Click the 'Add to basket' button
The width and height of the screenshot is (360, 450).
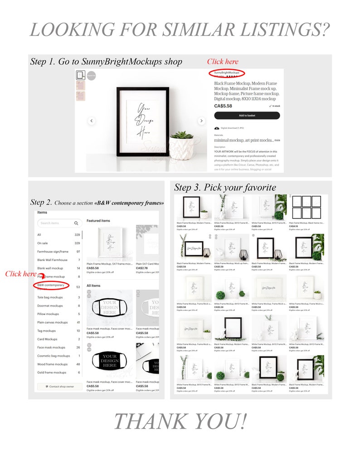click(x=247, y=116)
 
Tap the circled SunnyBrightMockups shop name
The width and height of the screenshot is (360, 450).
click(x=227, y=73)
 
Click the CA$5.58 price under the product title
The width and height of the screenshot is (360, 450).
click(x=223, y=106)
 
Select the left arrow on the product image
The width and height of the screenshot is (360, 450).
click(x=92, y=121)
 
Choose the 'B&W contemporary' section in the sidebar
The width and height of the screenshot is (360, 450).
click(x=51, y=285)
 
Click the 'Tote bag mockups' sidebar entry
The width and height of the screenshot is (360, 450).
click(x=50, y=297)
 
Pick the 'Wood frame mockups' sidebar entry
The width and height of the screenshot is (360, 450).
click(x=52, y=364)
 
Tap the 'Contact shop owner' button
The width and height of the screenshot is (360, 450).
click(x=60, y=387)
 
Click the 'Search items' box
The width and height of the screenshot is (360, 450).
click(x=59, y=223)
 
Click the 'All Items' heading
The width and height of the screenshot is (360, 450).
click(x=93, y=285)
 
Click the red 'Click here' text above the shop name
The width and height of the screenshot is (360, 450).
click(x=223, y=61)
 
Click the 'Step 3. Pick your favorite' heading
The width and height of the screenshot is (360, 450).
click(x=225, y=187)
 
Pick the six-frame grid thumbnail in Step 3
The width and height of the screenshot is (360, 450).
click(x=307, y=207)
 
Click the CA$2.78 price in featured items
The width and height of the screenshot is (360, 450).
click(x=142, y=268)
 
